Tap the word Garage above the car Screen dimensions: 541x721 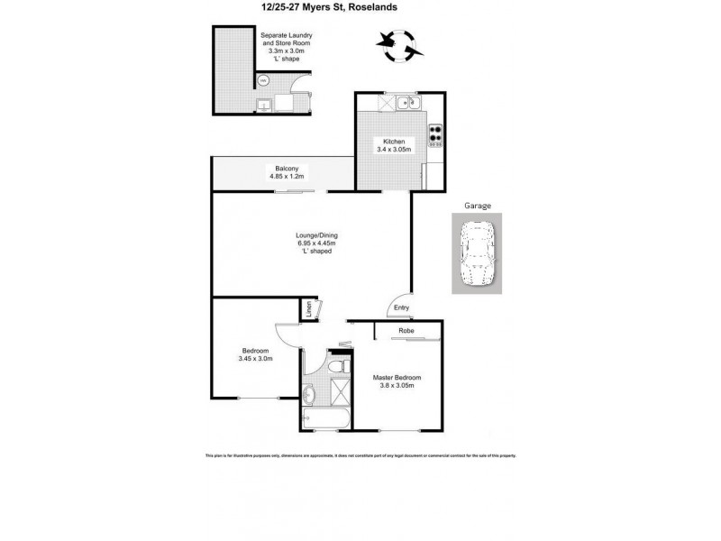click(x=477, y=206)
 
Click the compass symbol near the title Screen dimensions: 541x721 click(x=397, y=42)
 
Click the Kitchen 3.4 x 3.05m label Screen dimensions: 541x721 click(x=394, y=146)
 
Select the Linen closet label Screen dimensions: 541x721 click(x=308, y=309)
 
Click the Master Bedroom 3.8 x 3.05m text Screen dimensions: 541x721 click(x=397, y=381)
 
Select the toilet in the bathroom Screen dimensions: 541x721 click(x=336, y=367)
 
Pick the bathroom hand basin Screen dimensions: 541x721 click(x=309, y=393)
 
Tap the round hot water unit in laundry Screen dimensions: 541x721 click(x=263, y=80)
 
